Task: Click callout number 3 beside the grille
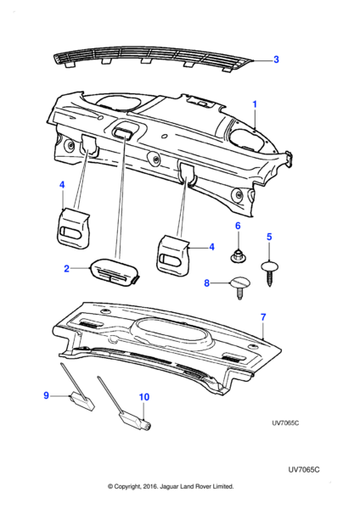tap(276, 59)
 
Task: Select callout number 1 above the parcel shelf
tap(255, 104)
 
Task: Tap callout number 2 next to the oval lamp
tap(66, 268)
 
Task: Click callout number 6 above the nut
tap(238, 226)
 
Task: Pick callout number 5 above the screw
tap(269, 237)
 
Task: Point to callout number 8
tap(206, 283)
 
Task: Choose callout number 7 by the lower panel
tap(263, 317)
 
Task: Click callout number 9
tap(46, 395)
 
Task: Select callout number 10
tap(144, 397)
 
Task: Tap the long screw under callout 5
tap(270, 272)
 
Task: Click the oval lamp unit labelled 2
tap(115, 273)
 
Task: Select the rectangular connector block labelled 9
tap(82, 401)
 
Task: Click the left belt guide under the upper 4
tap(73, 228)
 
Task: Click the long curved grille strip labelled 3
tap(153, 58)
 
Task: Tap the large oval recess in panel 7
tap(175, 331)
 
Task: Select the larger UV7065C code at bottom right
tap(303, 470)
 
